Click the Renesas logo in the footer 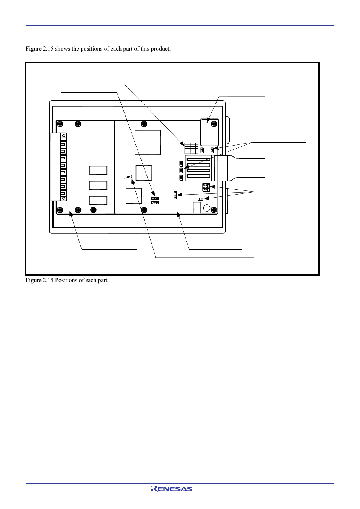[x=171, y=489]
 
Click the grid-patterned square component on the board [x=191, y=148]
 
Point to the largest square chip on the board [x=148, y=142]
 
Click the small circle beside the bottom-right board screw [x=206, y=208]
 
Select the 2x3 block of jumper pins [x=206, y=187]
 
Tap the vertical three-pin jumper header [x=175, y=195]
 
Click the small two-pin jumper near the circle [x=201, y=199]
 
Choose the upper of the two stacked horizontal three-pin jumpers [x=155, y=199]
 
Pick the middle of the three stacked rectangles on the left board [x=98, y=185]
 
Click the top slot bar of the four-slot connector [x=198, y=159]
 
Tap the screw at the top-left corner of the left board [x=60, y=124]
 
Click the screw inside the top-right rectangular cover [x=214, y=124]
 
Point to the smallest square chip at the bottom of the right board [x=134, y=196]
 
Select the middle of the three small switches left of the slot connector [x=181, y=170]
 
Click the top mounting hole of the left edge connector [x=64, y=136]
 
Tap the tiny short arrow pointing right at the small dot [x=127, y=178]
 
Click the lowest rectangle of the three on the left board [x=98, y=201]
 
